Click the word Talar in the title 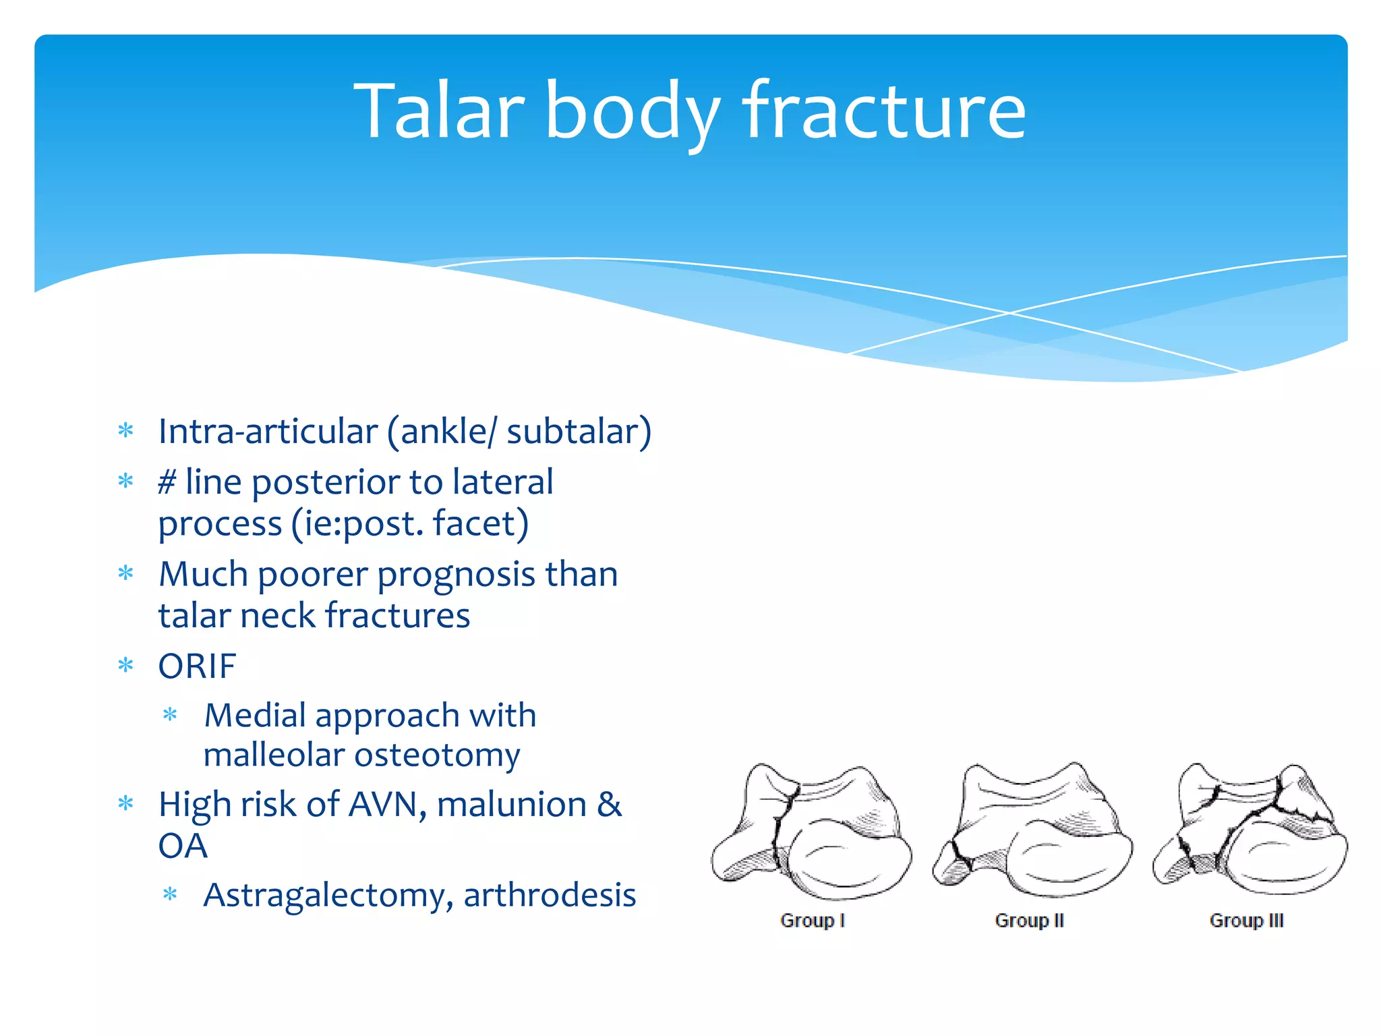439,111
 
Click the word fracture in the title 884,111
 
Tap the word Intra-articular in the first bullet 268,432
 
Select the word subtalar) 579,432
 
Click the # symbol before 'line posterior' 167,482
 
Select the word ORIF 197,666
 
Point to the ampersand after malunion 609,805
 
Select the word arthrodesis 550,896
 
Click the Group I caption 812,921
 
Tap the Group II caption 1029,921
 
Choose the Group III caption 1246,921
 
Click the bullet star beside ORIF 126,666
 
